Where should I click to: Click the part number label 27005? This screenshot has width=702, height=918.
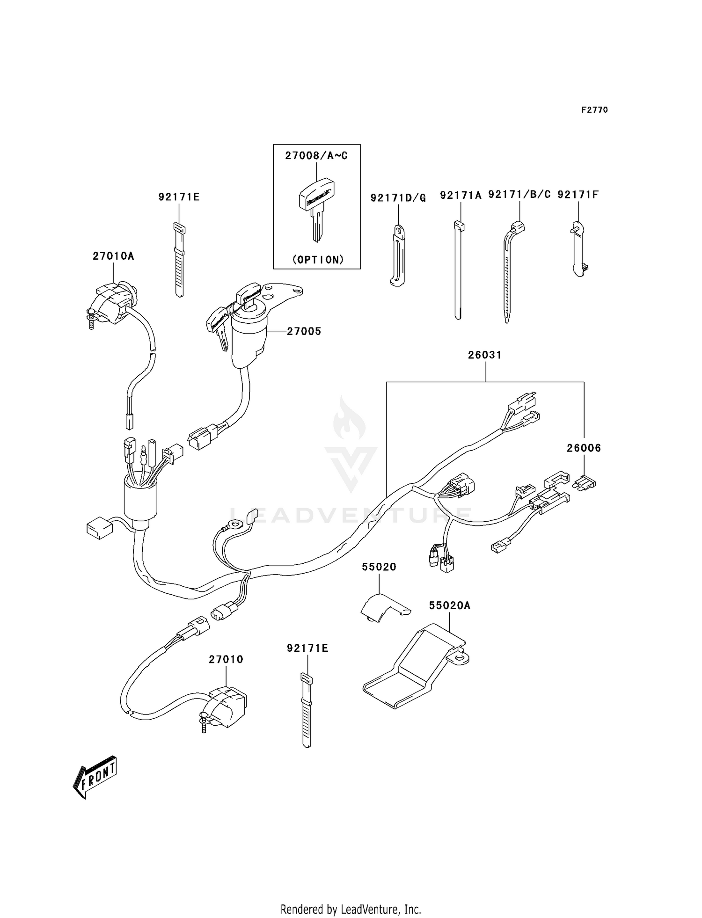pyautogui.click(x=304, y=331)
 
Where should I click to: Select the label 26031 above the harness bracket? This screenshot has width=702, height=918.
pyautogui.click(x=484, y=355)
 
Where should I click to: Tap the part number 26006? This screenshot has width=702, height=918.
pyautogui.click(x=584, y=448)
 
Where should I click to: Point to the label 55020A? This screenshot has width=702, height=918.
pyautogui.click(x=449, y=605)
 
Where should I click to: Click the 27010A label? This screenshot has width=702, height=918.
pyautogui.click(x=113, y=256)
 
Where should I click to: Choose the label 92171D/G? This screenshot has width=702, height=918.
pyautogui.click(x=398, y=198)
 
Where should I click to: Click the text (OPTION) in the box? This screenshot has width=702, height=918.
pyautogui.click(x=318, y=260)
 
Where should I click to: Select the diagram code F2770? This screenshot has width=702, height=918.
pyautogui.click(x=594, y=109)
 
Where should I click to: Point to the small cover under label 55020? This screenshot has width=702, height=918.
pyautogui.click(x=381, y=607)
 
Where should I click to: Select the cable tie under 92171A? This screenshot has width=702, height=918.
pyautogui.click(x=458, y=269)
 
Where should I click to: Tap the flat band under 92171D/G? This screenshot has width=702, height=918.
pyautogui.click(x=398, y=255)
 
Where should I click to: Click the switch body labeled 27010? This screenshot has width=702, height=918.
pyautogui.click(x=226, y=707)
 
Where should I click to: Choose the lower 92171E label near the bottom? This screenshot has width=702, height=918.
pyautogui.click(x=307, y=648)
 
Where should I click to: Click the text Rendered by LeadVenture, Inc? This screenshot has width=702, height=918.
pyautogui.click(x=351, y=909)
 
